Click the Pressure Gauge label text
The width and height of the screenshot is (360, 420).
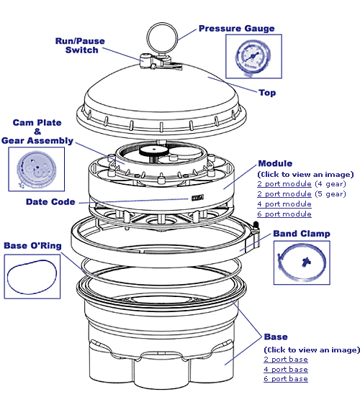click(x=237, y=29)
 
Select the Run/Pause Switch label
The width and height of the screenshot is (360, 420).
click(x=81, y=45)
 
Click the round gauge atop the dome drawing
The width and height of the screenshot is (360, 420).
click(x=158, y=36)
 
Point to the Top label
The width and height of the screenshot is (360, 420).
click(x=267, y=93)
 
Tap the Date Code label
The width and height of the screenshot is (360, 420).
click(x=50, y=202)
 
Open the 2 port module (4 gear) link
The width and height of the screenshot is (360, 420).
click(x=284, y=184)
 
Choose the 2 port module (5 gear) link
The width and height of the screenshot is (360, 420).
click(x=284, y=194)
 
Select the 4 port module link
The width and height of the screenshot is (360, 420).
click(x=284, y=204)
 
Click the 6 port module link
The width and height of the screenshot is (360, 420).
click(x=284, y=214)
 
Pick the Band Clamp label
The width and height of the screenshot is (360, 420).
click(x=302, y=234)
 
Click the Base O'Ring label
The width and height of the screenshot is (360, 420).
click(x=32, y=246)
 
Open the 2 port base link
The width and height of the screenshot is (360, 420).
click(x=286, y=359)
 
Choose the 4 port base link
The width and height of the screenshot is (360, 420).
click(x=286, y=369)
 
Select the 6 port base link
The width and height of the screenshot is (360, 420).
click(x=286, y=379)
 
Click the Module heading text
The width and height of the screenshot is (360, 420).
click(x=274, y=164)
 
